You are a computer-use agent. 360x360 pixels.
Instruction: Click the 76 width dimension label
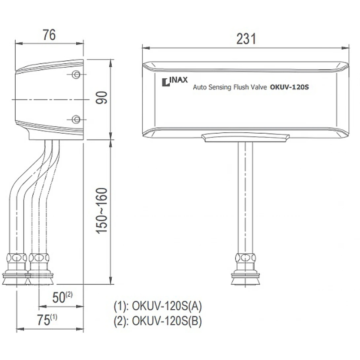click(x=49, y=35)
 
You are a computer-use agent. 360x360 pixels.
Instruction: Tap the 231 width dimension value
click(x=246, y=39)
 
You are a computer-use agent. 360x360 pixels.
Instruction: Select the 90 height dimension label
click(x=103, y=98)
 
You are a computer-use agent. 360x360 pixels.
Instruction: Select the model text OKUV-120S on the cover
click(x=290, y=86)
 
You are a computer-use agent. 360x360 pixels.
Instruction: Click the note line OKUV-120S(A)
click(x=158, y=306)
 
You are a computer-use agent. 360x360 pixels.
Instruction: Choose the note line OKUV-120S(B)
click(x=158, y=321)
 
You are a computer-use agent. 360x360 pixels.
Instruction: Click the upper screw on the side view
click(x=76, y=74)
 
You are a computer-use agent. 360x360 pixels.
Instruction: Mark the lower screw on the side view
click(x=76, y=119)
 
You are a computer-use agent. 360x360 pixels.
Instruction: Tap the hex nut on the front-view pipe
click(x=245, y=258)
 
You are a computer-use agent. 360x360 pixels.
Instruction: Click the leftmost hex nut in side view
click(x=17, y=258)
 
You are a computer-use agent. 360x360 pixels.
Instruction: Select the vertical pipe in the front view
click(x=245, y=196)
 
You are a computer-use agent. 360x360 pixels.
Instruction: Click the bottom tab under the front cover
click(x=245, y=138)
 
